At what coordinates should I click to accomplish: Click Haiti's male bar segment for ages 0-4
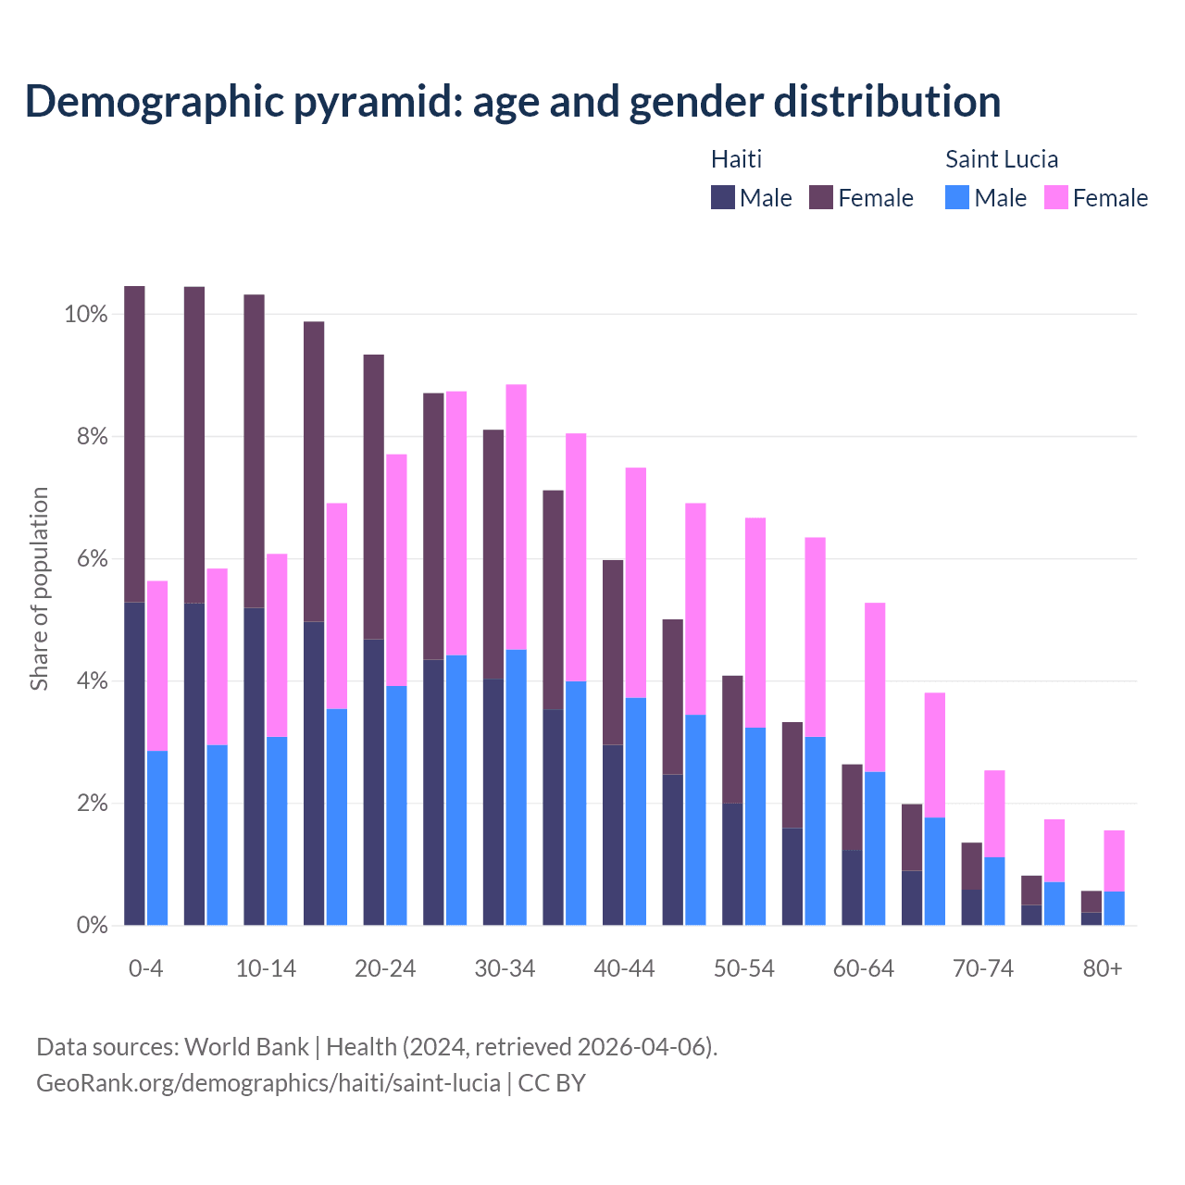134,763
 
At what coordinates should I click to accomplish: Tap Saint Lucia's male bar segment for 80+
1114,907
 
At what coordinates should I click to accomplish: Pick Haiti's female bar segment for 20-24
373,496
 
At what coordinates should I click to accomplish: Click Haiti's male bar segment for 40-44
613,834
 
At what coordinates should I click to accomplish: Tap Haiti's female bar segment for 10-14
254,451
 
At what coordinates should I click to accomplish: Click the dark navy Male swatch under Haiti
723,197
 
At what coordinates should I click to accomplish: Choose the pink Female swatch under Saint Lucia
1055,197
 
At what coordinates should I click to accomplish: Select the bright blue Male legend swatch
957,197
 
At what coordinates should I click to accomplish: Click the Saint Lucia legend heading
1001,159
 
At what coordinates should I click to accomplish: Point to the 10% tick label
85,315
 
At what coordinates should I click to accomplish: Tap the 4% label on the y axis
92,681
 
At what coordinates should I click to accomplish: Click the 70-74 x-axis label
982,968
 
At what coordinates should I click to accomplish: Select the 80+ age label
1102,968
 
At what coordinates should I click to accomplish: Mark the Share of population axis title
39,589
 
